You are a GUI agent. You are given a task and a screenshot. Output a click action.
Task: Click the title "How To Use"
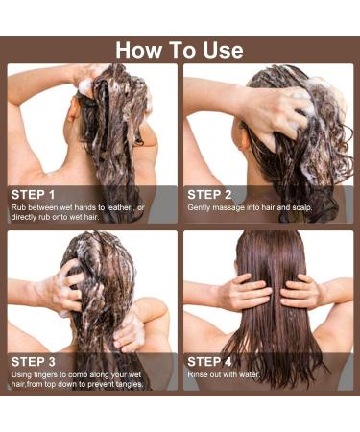pos(180,50)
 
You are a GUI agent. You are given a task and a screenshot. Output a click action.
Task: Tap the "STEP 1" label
pos(33,195)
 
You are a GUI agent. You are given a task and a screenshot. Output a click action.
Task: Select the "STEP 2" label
pos(209,195)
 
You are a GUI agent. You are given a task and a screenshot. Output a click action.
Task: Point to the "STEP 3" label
pos(34,362)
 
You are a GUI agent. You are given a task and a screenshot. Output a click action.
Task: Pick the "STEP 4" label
pos(209,362)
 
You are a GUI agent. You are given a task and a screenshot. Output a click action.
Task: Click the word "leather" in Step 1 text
pos(119,207)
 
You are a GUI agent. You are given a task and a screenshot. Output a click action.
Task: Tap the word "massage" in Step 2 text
pos(228,208)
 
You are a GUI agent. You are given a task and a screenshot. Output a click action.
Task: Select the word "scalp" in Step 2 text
pos(302,208)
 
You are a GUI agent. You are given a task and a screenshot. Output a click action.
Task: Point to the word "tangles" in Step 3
pos(130,384)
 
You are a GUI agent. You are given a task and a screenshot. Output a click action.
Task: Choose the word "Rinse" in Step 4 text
pos(197,374)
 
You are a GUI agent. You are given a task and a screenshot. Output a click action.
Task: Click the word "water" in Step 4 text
pos(250,374)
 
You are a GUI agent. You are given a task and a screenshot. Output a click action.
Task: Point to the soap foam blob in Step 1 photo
pos(85,87)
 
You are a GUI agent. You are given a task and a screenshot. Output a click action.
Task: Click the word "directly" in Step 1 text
pos(24,217)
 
